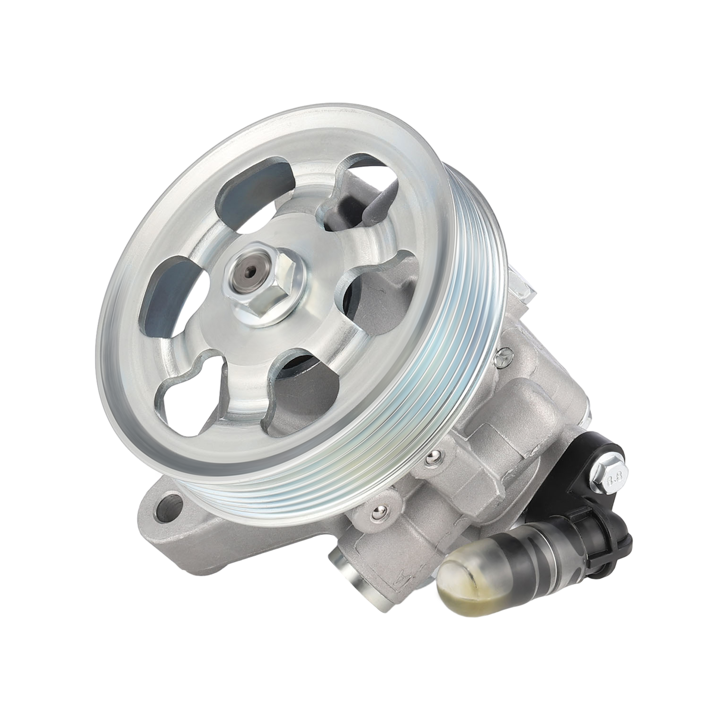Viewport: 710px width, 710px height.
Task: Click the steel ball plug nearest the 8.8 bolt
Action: (x=430, y=457)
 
